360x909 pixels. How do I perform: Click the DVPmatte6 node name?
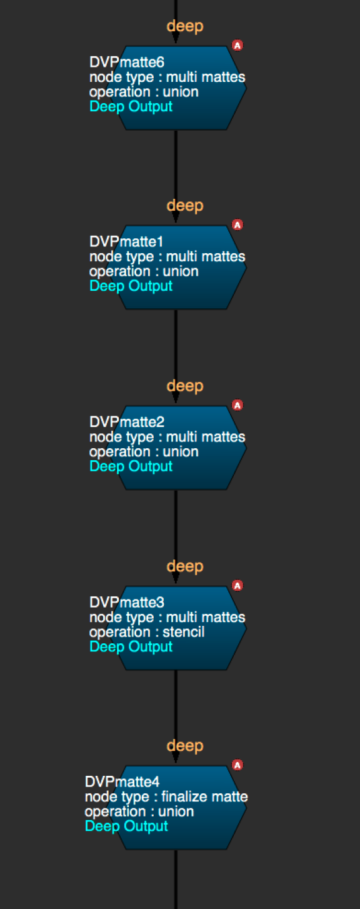pyautogui.click(x=127, y=62)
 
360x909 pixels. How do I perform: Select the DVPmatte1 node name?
pyautogui.click(x=127, y=241)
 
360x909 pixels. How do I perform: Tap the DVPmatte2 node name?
pyautogui.click(x=127, y=422)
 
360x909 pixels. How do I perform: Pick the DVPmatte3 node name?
pyautogui.click(x=127, y=602)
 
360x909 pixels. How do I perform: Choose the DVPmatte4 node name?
pyautogui.click(x=122, y=781)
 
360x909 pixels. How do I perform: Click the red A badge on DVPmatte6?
pyautogui.click(x=237, y=45)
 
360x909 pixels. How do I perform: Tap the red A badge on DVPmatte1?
pyautogui.click(x=237, y=224)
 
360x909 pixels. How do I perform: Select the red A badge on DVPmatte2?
pyautogui.click(x=237, y=405)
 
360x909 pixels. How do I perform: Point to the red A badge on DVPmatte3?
pyautogui.click(x=237, y=585)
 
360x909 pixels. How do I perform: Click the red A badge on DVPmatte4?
pyautogui.click(x=237, y=765)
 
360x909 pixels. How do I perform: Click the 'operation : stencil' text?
pyautogui.click(x=147, y=632)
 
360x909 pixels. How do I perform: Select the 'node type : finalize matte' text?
pyautogui.click(x=166, y=796)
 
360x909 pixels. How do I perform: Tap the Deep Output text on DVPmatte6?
pyautogui.click(x=131, y=106)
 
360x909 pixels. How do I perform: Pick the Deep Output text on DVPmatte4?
pyautogui.click(x=127, y=826)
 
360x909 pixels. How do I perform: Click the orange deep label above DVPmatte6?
pyautogui.click(x=185, y=26)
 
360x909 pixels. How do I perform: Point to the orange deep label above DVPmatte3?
pyautogui.click(x=185, y=566)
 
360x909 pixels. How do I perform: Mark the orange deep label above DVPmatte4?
pyautogui.click(x=185, y=746)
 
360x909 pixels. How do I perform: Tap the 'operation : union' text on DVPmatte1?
pyautogui.click(x=144, y=271)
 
